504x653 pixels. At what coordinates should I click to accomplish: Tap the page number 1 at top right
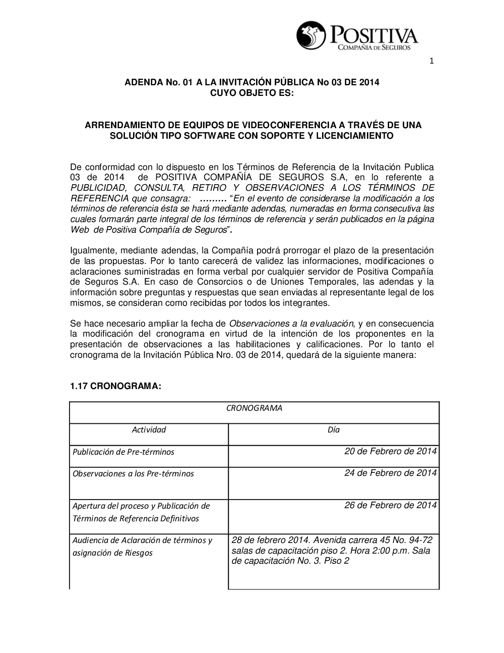(431, 62)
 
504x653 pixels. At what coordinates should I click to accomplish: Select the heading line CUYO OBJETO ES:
(251, 93)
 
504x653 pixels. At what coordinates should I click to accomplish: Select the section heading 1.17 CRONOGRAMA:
(116, 386)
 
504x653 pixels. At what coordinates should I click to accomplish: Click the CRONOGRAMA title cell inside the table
(254, 408)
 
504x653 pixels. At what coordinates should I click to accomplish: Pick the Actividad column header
(149, 429)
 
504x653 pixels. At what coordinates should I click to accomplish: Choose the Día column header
(334, 429)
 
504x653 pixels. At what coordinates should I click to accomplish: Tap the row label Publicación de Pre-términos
(123, 452)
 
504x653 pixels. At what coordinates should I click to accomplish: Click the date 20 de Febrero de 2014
(391, 451)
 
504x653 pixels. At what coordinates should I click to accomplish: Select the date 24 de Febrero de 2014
(391, 473)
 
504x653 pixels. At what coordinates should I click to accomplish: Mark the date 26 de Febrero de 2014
(391, 505)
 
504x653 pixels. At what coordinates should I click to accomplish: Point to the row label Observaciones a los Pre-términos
(133, 473)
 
